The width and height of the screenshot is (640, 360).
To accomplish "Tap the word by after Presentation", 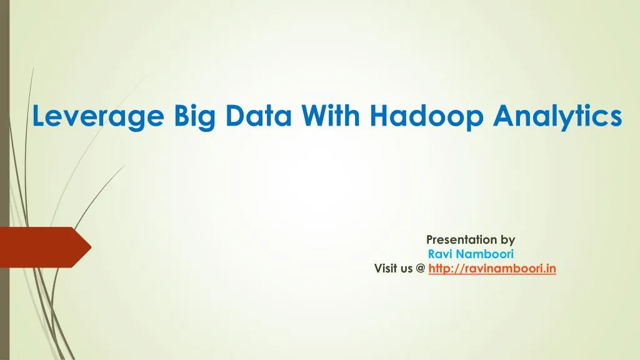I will [508, 239].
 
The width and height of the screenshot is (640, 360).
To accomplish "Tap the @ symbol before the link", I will [420, 269].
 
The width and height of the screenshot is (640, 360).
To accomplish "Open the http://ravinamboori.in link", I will [492, 269].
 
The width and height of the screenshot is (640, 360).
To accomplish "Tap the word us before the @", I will [407, 269].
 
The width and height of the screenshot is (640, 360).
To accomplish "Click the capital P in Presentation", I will [429, 239].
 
